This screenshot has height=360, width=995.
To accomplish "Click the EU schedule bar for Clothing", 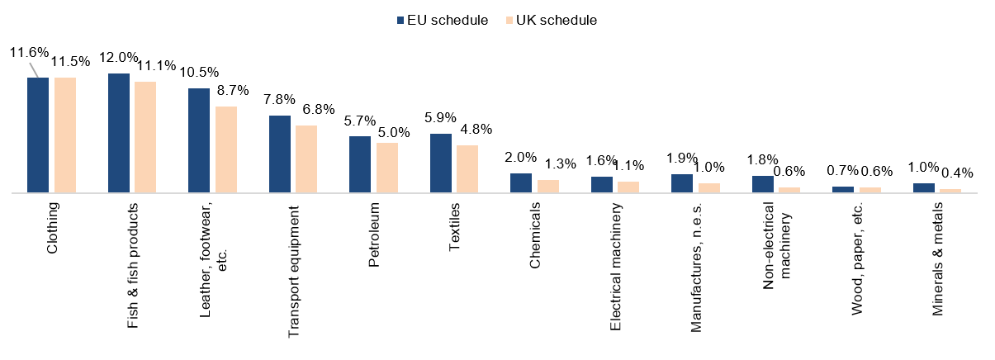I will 38,135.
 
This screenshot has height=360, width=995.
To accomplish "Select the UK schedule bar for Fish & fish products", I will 145,137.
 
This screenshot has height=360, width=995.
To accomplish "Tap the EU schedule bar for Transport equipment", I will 280,154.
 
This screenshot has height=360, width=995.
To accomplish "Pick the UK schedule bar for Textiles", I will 467,169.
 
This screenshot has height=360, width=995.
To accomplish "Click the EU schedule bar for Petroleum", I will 360,164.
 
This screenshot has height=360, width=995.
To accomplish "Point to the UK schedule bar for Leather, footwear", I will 226,149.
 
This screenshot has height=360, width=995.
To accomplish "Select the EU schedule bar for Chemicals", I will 521,183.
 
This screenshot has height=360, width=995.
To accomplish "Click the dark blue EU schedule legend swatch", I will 400,20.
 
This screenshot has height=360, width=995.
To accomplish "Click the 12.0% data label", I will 118,59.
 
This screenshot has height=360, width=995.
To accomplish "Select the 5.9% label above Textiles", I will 441,118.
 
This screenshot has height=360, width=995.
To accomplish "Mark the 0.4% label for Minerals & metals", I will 957,173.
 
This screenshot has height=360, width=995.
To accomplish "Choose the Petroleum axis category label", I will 374,234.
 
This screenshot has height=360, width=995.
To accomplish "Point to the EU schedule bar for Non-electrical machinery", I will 763,184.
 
